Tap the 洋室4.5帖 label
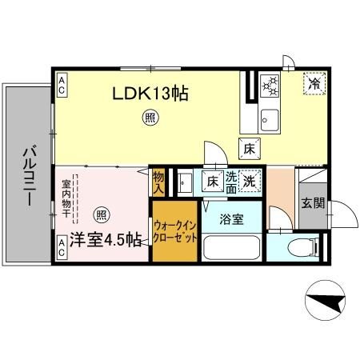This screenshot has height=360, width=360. coord(105,239)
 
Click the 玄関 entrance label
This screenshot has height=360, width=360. coord(313,203)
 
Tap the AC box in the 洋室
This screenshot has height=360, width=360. coord(62,252)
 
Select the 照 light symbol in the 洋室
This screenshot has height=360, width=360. coord(102,214)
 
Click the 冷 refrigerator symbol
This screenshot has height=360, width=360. coord(314,82)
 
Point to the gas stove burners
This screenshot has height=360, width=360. coord(270,84)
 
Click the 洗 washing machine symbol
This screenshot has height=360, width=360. coord(250,182)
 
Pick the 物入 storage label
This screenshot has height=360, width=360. coord(158,182)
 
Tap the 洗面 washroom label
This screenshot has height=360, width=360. coord(230,182)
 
